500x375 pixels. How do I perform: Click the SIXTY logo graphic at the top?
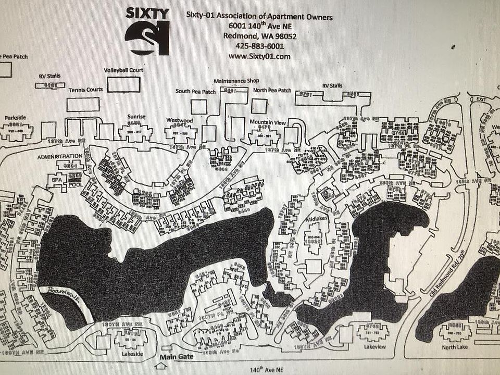[x=147, y=31]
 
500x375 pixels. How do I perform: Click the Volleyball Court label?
[x=123, y=70]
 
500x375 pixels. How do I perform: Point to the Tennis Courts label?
[x=85, y=90]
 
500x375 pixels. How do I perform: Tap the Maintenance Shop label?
[x=236, y=81]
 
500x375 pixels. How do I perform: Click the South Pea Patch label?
[x=195, y=91]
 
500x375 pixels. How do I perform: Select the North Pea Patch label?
[x=272, y=90]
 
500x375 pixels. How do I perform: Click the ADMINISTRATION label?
[x=60, y=156]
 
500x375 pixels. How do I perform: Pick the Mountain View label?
[x=268, y=122]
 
